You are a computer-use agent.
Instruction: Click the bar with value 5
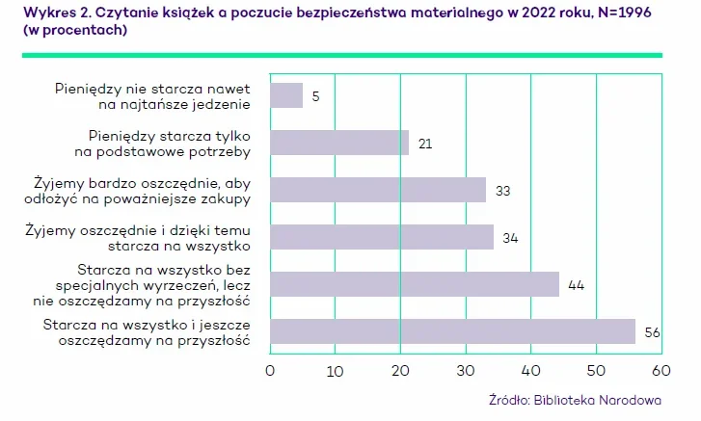(286, 95)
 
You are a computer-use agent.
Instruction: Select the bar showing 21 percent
(339, 143)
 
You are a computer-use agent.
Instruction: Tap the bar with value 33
(378, 190)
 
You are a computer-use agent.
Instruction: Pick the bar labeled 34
(382, 237)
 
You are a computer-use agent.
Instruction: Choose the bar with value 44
(415, 284)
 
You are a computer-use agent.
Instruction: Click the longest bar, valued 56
(453, 331)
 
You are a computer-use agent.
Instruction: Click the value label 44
(576, 285)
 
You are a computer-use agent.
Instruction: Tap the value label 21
(425, 144)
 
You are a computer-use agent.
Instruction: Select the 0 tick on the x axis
(270, 370)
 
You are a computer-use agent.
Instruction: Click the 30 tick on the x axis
(466, 370)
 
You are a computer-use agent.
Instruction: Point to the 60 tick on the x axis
(661, 370)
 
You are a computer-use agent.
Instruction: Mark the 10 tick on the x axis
(335, 370)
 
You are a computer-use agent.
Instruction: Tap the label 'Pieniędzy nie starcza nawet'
(153, 88)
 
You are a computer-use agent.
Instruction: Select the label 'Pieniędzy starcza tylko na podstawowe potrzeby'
(169, 143)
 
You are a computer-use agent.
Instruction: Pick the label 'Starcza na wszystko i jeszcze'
(148, 324)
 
